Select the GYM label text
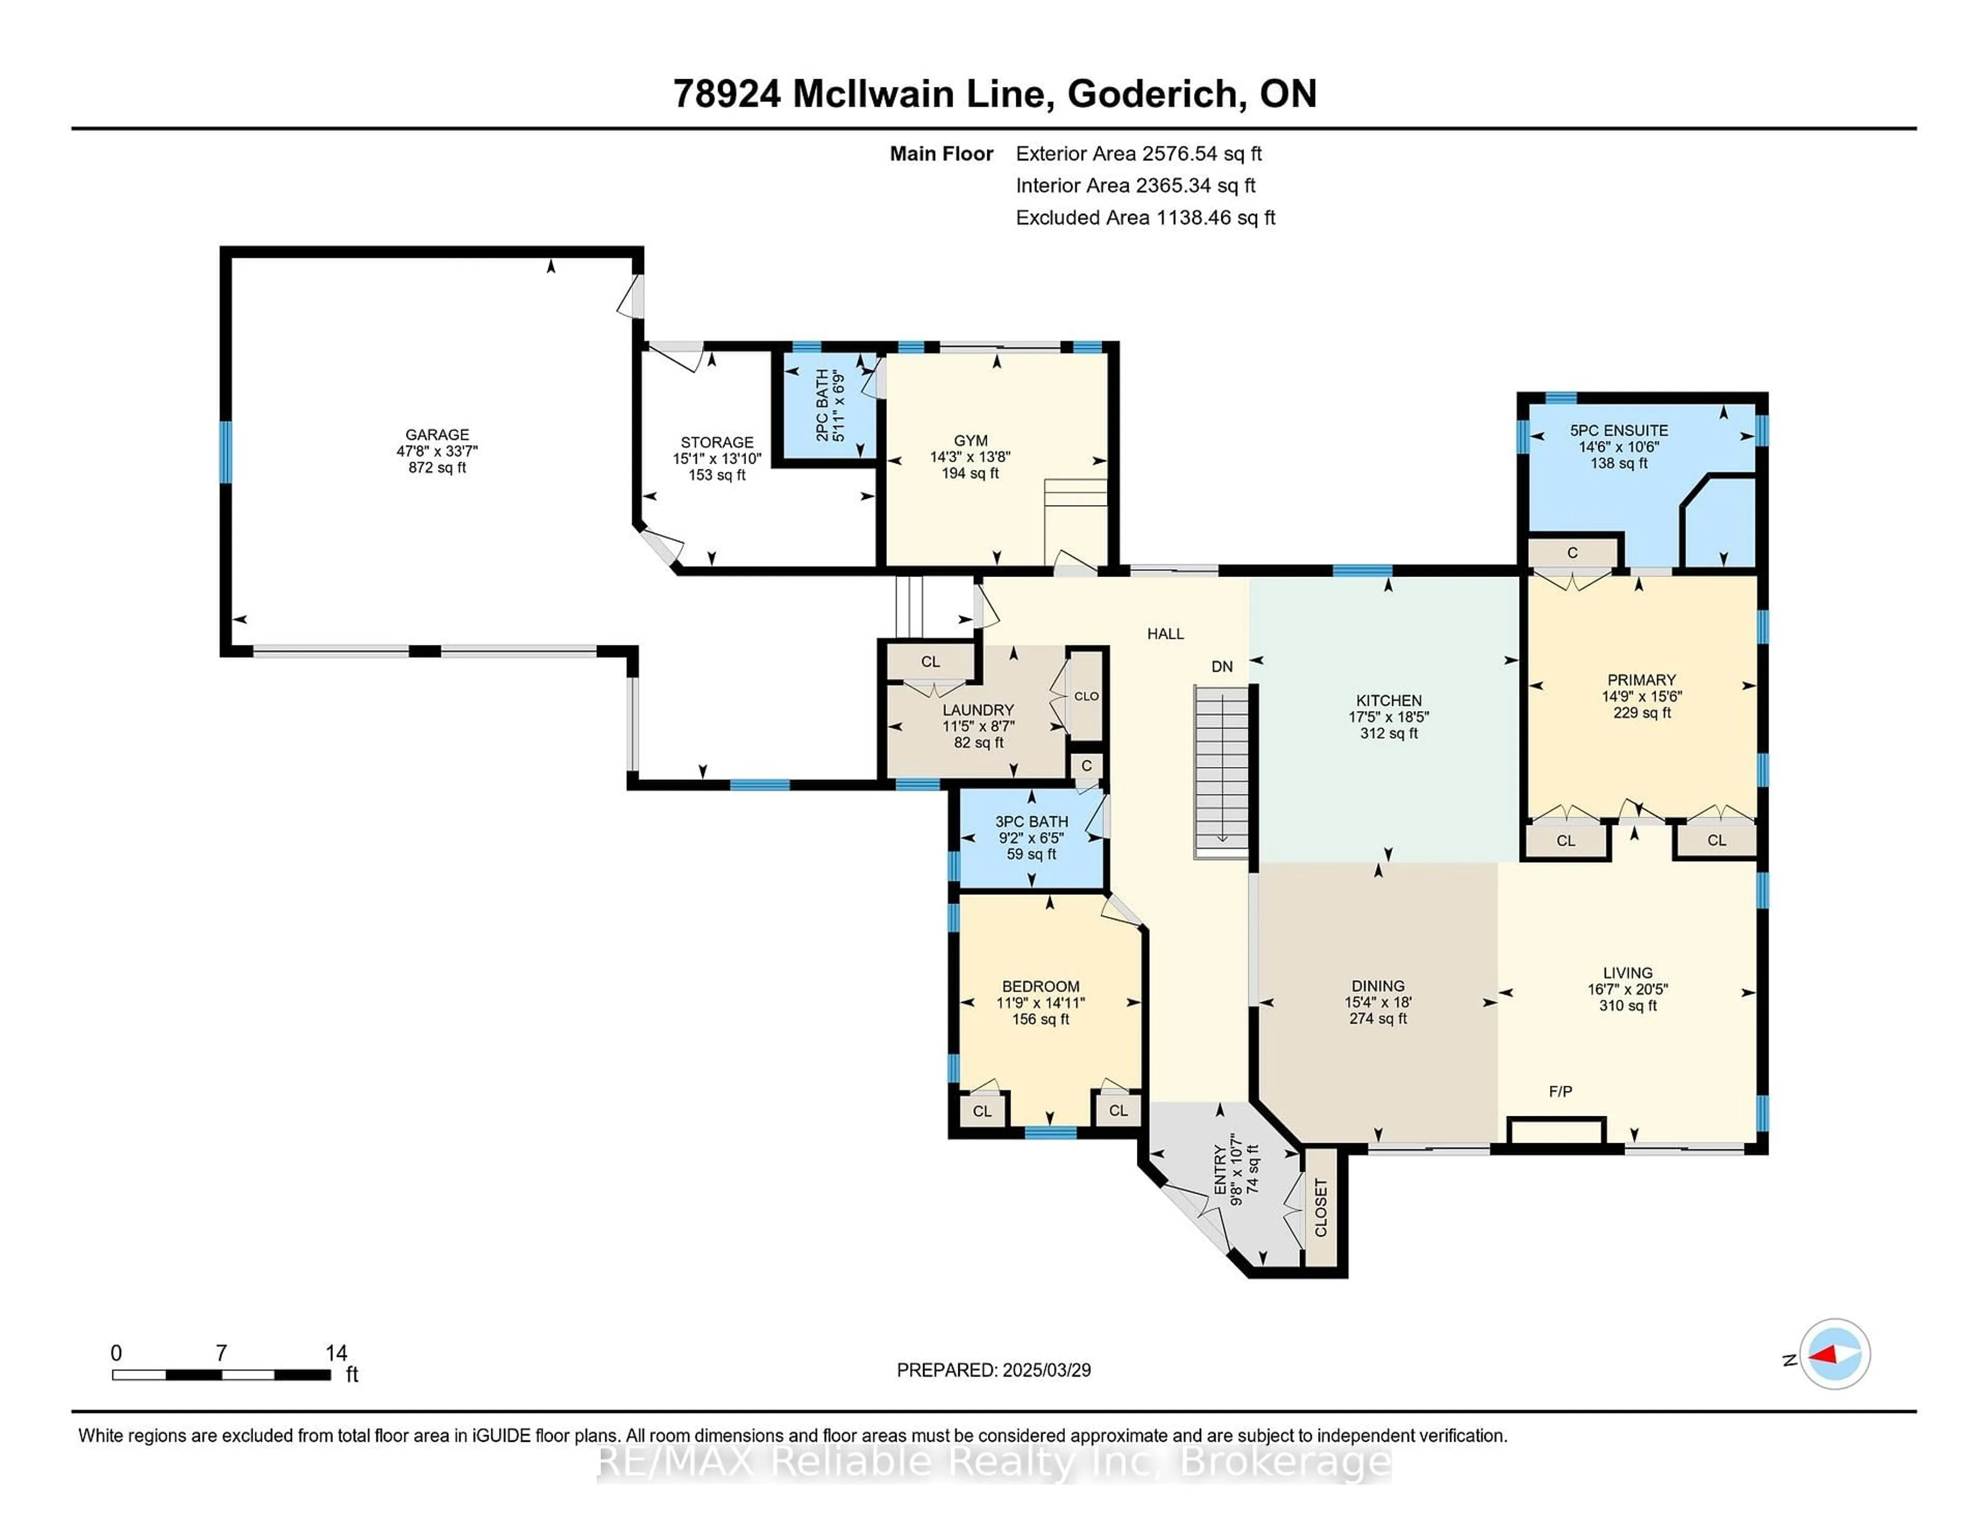(x=970, y=440)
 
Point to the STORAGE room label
(x=717, y=457)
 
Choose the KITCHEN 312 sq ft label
(x=1388, y=716)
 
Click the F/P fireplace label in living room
(x=1560, y=1091)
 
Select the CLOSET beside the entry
(x=1321, y=1207)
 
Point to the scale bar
(x=221, y=1374)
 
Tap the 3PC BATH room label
(x=1031, y=837)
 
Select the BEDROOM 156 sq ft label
(x=1041, y=1002)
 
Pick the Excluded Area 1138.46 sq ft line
(x=1145, y=217)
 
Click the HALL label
(x=1165, y=633)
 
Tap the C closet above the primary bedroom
(x=1572, y=552)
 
